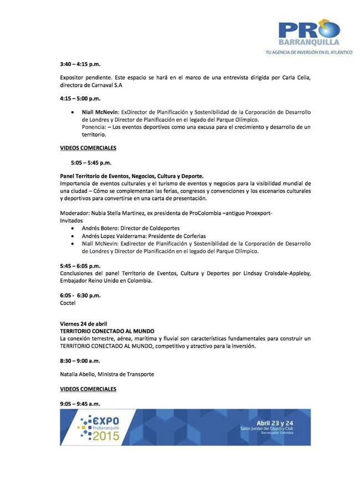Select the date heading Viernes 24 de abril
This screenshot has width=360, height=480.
[84, 323]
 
